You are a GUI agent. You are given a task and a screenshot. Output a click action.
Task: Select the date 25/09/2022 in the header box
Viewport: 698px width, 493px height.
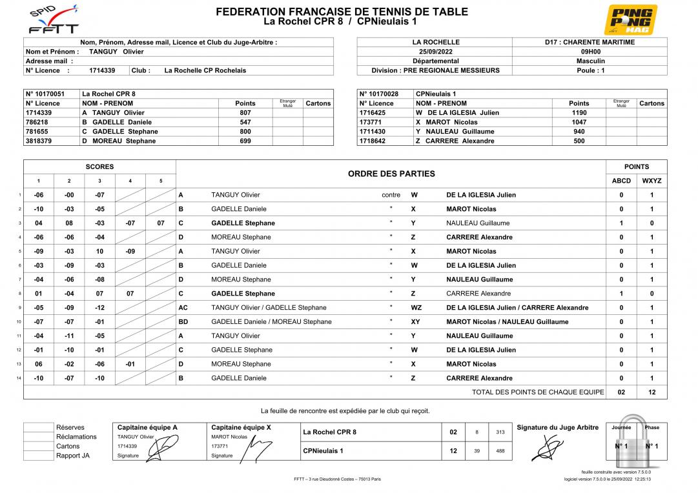(x=434, y=52)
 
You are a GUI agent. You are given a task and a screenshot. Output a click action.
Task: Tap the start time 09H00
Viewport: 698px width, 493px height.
(x=590, y=52)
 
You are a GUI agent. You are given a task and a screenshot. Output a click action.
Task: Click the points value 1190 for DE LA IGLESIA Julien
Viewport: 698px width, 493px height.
(x=579, y=112)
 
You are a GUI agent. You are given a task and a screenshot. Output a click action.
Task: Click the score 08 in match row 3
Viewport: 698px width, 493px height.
(x=69, y=223)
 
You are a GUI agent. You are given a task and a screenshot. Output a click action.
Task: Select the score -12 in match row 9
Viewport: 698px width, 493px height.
(x=99, y=308)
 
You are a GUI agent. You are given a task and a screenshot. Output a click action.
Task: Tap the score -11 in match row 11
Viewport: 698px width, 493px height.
(x=69, y=336)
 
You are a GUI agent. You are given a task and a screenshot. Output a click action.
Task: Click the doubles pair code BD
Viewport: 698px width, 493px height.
(x=183, y=322)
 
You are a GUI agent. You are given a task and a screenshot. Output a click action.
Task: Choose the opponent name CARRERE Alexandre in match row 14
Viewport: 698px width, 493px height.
(x=479, y=378)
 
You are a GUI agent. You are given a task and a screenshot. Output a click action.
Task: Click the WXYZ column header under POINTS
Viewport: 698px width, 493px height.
(x=652, y=181)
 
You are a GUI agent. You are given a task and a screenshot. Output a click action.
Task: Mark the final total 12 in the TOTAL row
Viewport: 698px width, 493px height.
(x=652, y=392)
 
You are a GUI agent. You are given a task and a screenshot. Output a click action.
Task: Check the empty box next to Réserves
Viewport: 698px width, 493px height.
(x=38, y=427)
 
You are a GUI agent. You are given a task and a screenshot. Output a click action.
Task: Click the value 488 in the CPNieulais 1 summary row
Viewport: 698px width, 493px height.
(x=500, y=451)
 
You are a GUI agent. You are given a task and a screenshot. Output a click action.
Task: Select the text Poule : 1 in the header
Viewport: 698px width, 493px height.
(x=590, y=70)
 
